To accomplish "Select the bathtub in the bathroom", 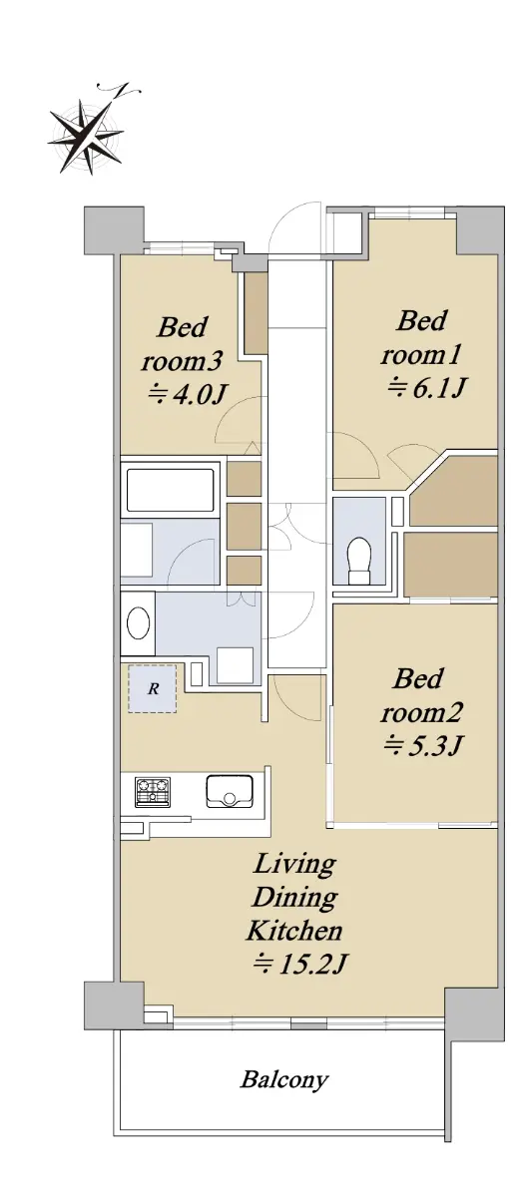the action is point(170,490).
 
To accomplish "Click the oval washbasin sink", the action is point(138,622).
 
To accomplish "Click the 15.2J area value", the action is point(300,963).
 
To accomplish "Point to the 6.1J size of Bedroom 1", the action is point(424,387).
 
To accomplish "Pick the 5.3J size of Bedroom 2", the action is point(422,744).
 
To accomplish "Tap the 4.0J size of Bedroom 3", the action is point(188,394).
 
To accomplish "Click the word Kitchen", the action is point(294,931).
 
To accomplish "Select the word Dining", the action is point(294,897).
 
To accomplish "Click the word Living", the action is point(294,864).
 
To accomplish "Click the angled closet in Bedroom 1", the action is point(453,490).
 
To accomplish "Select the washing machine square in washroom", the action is point(235,664).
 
